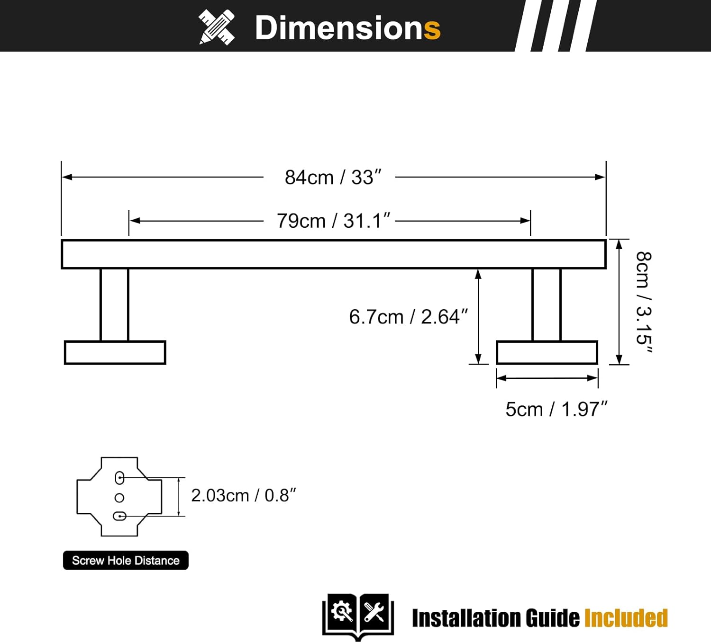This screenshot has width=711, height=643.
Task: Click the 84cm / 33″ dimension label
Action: pyautogui.click(x=333, y=178)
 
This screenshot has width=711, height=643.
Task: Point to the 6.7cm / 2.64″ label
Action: pyautogui.click(x=408, y=317)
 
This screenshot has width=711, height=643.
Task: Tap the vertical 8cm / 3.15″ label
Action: pyautogui.click(x=643, y=303)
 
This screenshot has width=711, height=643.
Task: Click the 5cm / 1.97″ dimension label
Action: pyautogui.click(x=556, y=410)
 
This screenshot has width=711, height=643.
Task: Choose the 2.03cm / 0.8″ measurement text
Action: pyautogui.click(x=243, y=496)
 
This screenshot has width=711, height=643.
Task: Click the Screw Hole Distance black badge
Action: pyautogui.click(x=126, y=561)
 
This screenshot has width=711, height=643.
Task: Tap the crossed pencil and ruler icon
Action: pyautogui.click(x=217, y=27)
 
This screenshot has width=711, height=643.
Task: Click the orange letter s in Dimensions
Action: pyautogui.click(x=432, y=28)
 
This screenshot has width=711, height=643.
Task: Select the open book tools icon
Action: pyautogui.click(x=358, y=616)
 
